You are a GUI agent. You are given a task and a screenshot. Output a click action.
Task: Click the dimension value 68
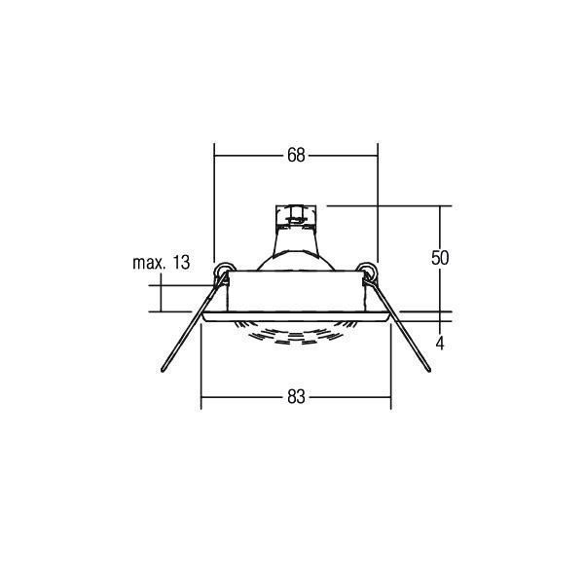coord(296,155)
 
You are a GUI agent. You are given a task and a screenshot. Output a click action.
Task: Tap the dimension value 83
coord(296,397)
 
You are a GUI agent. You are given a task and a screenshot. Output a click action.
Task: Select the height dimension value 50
coord(440,258)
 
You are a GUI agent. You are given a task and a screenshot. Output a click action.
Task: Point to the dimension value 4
coord(440,344)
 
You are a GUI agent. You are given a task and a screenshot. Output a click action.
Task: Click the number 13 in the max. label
coord(181,263)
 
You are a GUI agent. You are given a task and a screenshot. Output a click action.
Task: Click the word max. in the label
coord(149,264)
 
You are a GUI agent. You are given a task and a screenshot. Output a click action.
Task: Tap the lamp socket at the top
coord(296,216)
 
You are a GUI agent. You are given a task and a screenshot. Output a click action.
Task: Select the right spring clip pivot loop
coord(367,271)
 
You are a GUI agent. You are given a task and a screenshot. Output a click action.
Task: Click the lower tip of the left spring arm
coord(163,370)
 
